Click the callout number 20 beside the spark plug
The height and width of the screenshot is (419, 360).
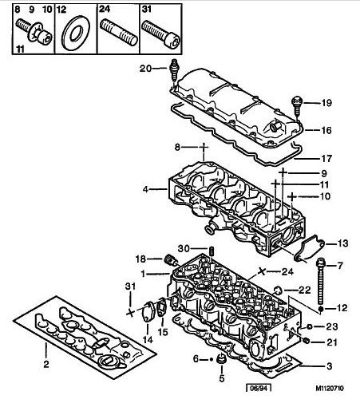[145, 69]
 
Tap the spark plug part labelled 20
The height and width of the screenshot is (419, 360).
[174, 73]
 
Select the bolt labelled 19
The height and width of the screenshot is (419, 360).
[297, 106]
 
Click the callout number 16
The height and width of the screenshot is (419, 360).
[326, 130]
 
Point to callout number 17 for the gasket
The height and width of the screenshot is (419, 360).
[326, 159]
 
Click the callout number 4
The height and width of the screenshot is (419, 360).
[145, 189]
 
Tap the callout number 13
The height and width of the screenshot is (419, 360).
[342, 243]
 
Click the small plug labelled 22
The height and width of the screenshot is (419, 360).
[279, 290]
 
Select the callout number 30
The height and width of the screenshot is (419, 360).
[184, 248]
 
